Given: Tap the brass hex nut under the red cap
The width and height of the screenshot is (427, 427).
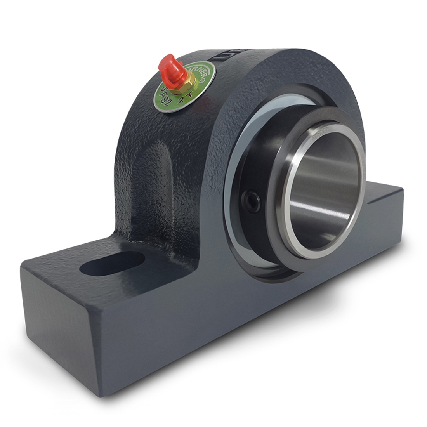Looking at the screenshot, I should pyautogui.click(x=179, y=83).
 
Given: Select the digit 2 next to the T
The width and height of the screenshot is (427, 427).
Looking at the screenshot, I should pyautogui.click(x=181, y=100).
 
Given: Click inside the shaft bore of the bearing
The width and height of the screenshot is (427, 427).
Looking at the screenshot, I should pyautogui.click(x=326, y=194).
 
